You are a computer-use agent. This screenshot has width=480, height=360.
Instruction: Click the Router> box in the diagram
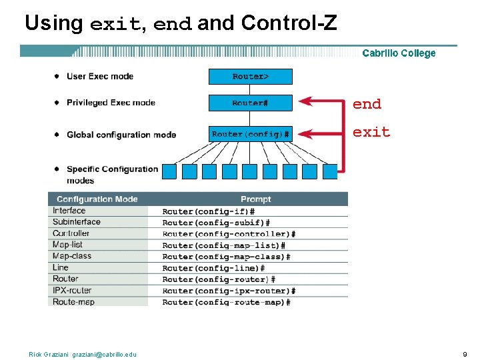coord(251,77)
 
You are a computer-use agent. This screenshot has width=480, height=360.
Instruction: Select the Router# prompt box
coord(251,103)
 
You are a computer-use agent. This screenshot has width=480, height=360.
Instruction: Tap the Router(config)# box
coord(251,135)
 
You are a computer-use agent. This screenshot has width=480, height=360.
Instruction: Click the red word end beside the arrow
coord(367,104)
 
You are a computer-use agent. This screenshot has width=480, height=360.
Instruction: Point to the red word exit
coord(371,132)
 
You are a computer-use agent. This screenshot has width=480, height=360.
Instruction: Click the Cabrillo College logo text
coord(399,53)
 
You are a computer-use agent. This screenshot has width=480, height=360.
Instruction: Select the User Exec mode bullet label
coord(100,76)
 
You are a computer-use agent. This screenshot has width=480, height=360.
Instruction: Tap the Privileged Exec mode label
coord(111,103)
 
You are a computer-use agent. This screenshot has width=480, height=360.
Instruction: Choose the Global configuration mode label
coord(121,135)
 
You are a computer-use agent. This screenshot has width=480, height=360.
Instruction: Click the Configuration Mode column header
coord(97,199)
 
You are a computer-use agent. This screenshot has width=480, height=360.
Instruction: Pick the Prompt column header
coord(256,199)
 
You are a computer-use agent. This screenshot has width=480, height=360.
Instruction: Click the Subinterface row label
coord(77,222)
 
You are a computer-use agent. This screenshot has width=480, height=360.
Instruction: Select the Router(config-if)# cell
coord(208,211)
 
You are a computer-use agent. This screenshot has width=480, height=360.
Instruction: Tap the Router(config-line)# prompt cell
coord(213,268)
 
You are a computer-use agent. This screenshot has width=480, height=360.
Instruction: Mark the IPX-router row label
coord(72,290)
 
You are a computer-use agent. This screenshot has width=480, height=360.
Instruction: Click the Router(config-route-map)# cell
coord(226,302)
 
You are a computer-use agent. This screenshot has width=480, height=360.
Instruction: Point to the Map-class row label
coord(72,256)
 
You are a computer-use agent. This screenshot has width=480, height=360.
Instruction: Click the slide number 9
coord(464,354)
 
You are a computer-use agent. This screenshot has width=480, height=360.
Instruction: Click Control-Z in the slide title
coord(289,23)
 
